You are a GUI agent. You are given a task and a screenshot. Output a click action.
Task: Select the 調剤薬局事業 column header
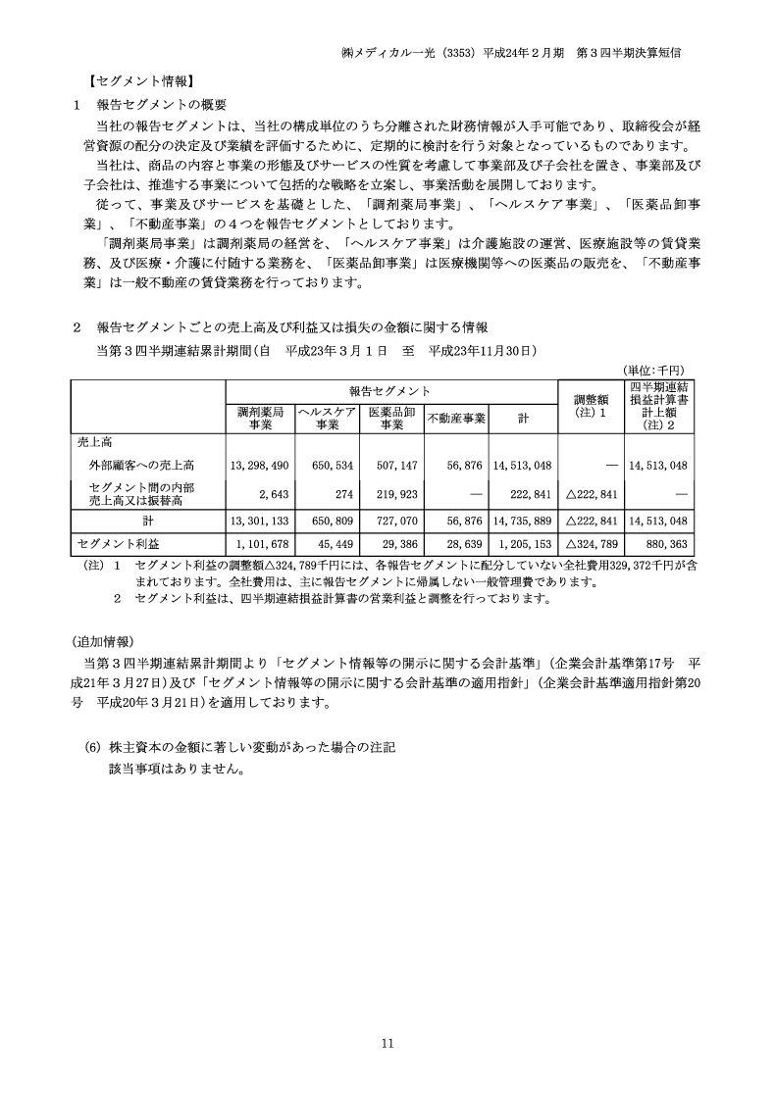pos(260,419)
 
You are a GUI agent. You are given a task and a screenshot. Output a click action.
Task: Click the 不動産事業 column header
pos(456,419)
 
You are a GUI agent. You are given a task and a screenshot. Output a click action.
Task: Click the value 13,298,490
pos(259,465)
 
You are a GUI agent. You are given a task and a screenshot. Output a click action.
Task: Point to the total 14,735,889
pos(523,521)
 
